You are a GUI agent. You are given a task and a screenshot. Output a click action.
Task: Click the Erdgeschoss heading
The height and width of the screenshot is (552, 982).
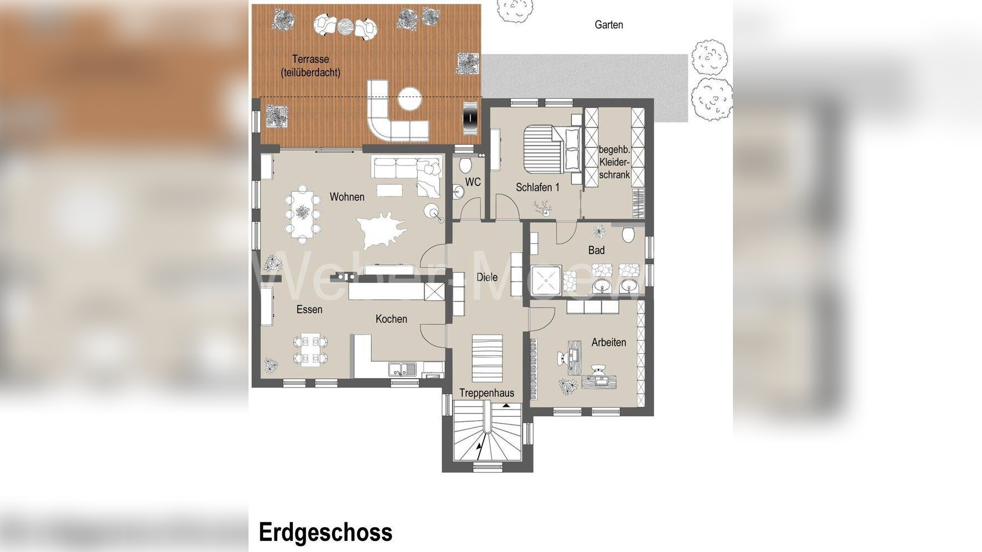tap(325, 532)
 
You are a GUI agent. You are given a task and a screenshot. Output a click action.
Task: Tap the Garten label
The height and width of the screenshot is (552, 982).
tap(609, 25)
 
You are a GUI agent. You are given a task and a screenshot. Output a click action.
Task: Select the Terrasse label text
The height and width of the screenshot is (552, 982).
tap(310, 65)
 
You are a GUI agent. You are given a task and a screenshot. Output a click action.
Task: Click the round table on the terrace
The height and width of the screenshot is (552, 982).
tap(410, 100)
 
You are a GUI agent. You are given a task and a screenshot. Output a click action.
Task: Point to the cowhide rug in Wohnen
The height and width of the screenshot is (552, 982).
tap(382, 229)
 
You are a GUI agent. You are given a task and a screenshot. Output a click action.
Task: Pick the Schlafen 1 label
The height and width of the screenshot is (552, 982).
tap(537, 187)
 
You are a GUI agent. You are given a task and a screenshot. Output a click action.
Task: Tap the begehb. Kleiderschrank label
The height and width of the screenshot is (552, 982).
tap(614, 162)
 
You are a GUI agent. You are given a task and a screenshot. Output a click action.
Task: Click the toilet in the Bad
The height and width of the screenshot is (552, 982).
tap(628, 235)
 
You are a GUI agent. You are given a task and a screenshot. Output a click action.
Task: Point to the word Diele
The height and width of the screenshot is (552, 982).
tap(487, 277)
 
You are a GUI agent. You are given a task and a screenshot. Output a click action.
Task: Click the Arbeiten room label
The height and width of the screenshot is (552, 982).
tap(609, 342)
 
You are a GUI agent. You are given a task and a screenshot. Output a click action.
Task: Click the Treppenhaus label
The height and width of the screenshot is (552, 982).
tap(487, 393)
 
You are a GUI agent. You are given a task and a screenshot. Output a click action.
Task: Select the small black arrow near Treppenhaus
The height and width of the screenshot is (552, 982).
tap(506, 406)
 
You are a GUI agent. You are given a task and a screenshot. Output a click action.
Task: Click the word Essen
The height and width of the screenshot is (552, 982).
tap(309, 309)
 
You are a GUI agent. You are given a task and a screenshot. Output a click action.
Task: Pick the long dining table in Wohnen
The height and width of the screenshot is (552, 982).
tap(302, 213)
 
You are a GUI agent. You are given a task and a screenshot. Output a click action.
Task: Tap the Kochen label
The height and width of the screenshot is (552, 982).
tap(391, 319)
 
